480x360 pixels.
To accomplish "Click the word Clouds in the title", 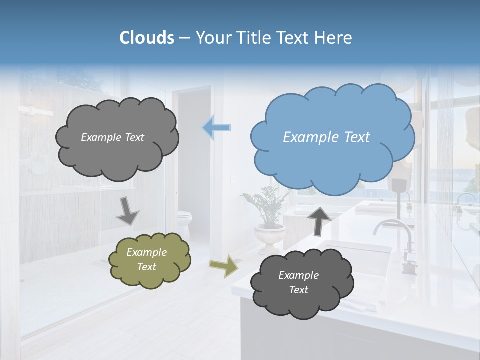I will pos(146,38).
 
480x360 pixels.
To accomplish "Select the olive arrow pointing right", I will pos(223,266).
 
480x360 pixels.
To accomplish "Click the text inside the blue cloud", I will pos(326,137).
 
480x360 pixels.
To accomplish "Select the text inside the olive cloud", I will pos(146,259).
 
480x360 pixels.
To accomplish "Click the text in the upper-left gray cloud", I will pos(112,137).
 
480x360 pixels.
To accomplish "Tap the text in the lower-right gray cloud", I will pos(298,282).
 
